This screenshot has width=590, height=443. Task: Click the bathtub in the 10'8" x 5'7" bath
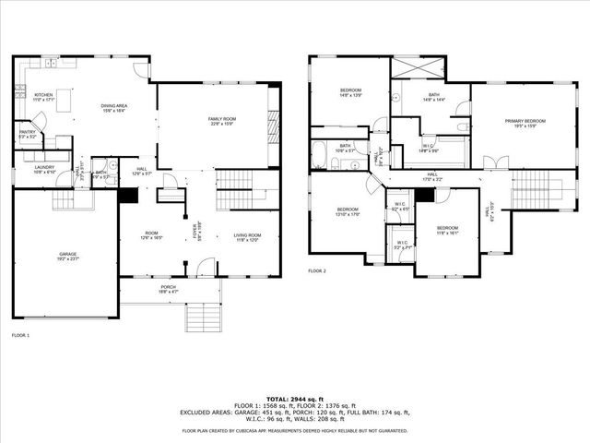[318, 154]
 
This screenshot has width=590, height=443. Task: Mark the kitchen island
[63, 103]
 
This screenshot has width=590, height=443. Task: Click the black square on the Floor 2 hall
[424, 195]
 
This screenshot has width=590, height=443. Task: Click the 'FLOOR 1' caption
[20, 335]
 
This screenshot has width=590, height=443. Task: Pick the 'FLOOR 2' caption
[317, 271]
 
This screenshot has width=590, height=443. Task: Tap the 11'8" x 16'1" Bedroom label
[447, 230]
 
